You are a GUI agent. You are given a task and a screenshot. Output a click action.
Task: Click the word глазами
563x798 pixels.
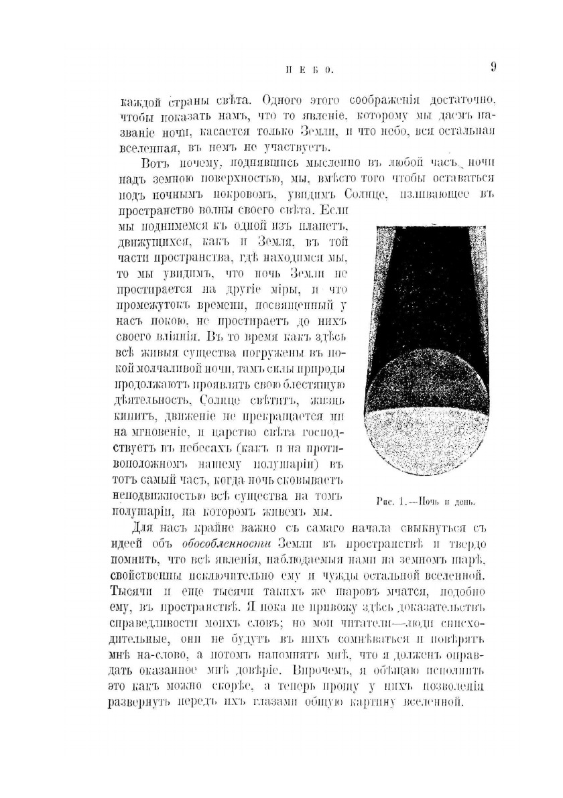click(x=279, y=702)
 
